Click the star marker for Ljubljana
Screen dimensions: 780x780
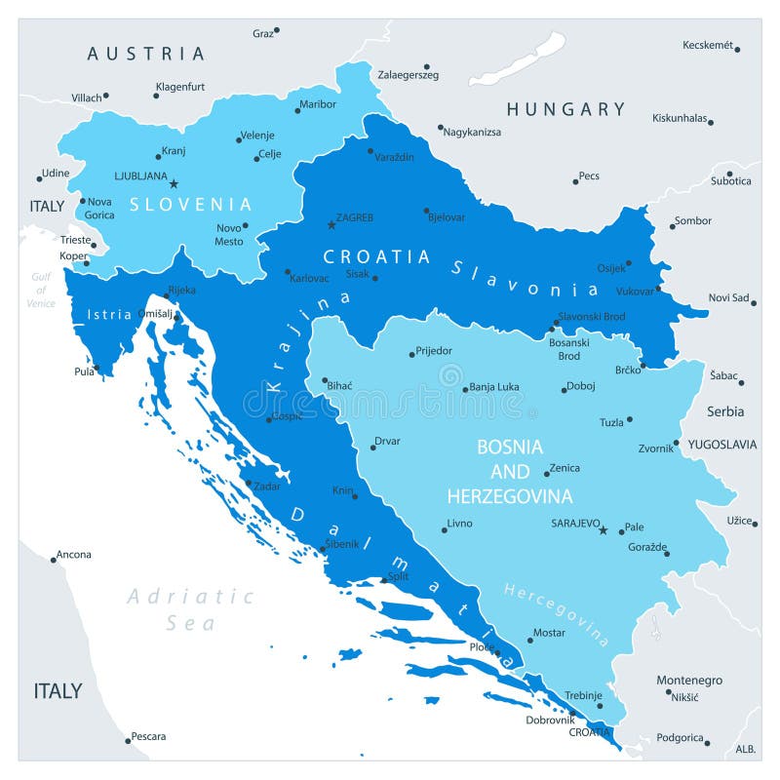[174, 183]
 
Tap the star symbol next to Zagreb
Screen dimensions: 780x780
[331, 225]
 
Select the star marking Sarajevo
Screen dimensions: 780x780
[603, 530]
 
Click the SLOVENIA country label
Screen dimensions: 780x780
[191, 205]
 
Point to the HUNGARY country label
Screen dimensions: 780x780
[565, 109]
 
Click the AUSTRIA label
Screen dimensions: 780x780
[146, 54]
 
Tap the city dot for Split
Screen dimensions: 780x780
[384, 577]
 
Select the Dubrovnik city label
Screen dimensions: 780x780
[550, 720]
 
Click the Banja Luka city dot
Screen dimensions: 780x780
[465, 389]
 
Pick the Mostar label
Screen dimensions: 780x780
[549, 633]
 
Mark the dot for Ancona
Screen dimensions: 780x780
[54, 560]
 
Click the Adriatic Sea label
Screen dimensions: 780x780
[190, 608]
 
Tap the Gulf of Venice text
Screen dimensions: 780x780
[41, 290]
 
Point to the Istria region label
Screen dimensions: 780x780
[109, 314]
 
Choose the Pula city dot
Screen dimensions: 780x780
[97, 369]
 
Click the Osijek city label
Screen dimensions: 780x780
[611, 268]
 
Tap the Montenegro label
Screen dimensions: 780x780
[689, 680]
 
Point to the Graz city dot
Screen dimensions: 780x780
[277, 30]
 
